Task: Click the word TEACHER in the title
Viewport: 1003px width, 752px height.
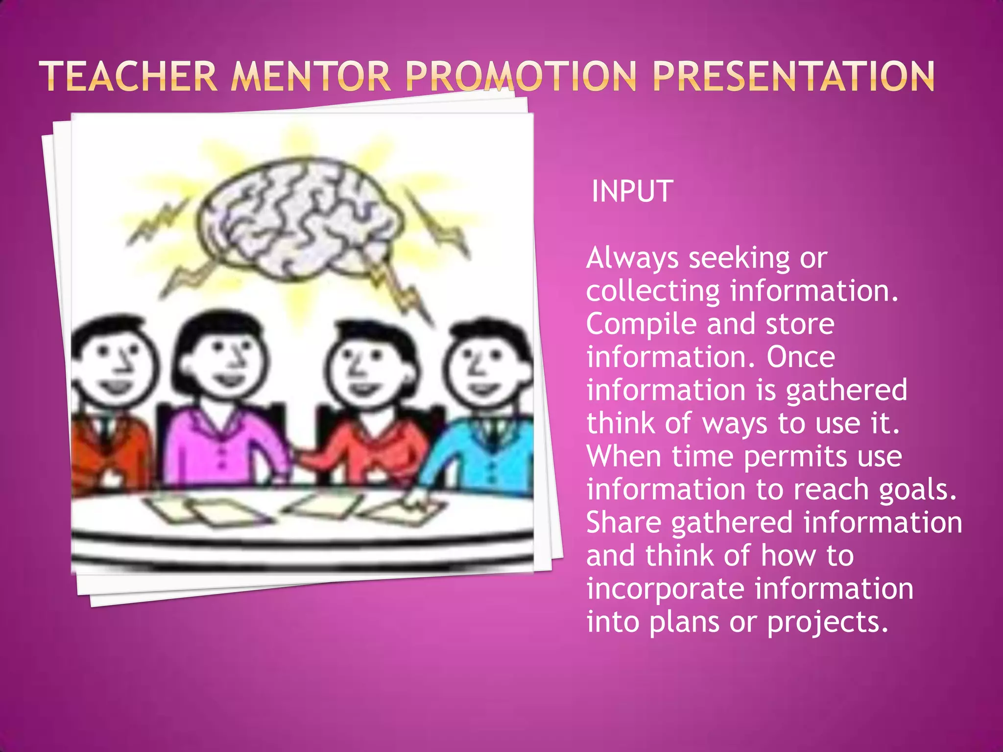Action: (x=128, y=76)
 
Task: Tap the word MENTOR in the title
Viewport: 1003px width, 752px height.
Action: (x=311, y=76)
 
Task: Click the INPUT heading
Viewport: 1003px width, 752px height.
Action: (x=632, y=191)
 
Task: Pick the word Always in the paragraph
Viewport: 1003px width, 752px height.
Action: (x=632, y=258)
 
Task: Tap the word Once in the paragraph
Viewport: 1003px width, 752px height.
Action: (x=801, y=357)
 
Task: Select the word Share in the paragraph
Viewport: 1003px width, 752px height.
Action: (x=624, y=522)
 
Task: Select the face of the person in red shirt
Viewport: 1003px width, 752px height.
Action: (x=365, y=367)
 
